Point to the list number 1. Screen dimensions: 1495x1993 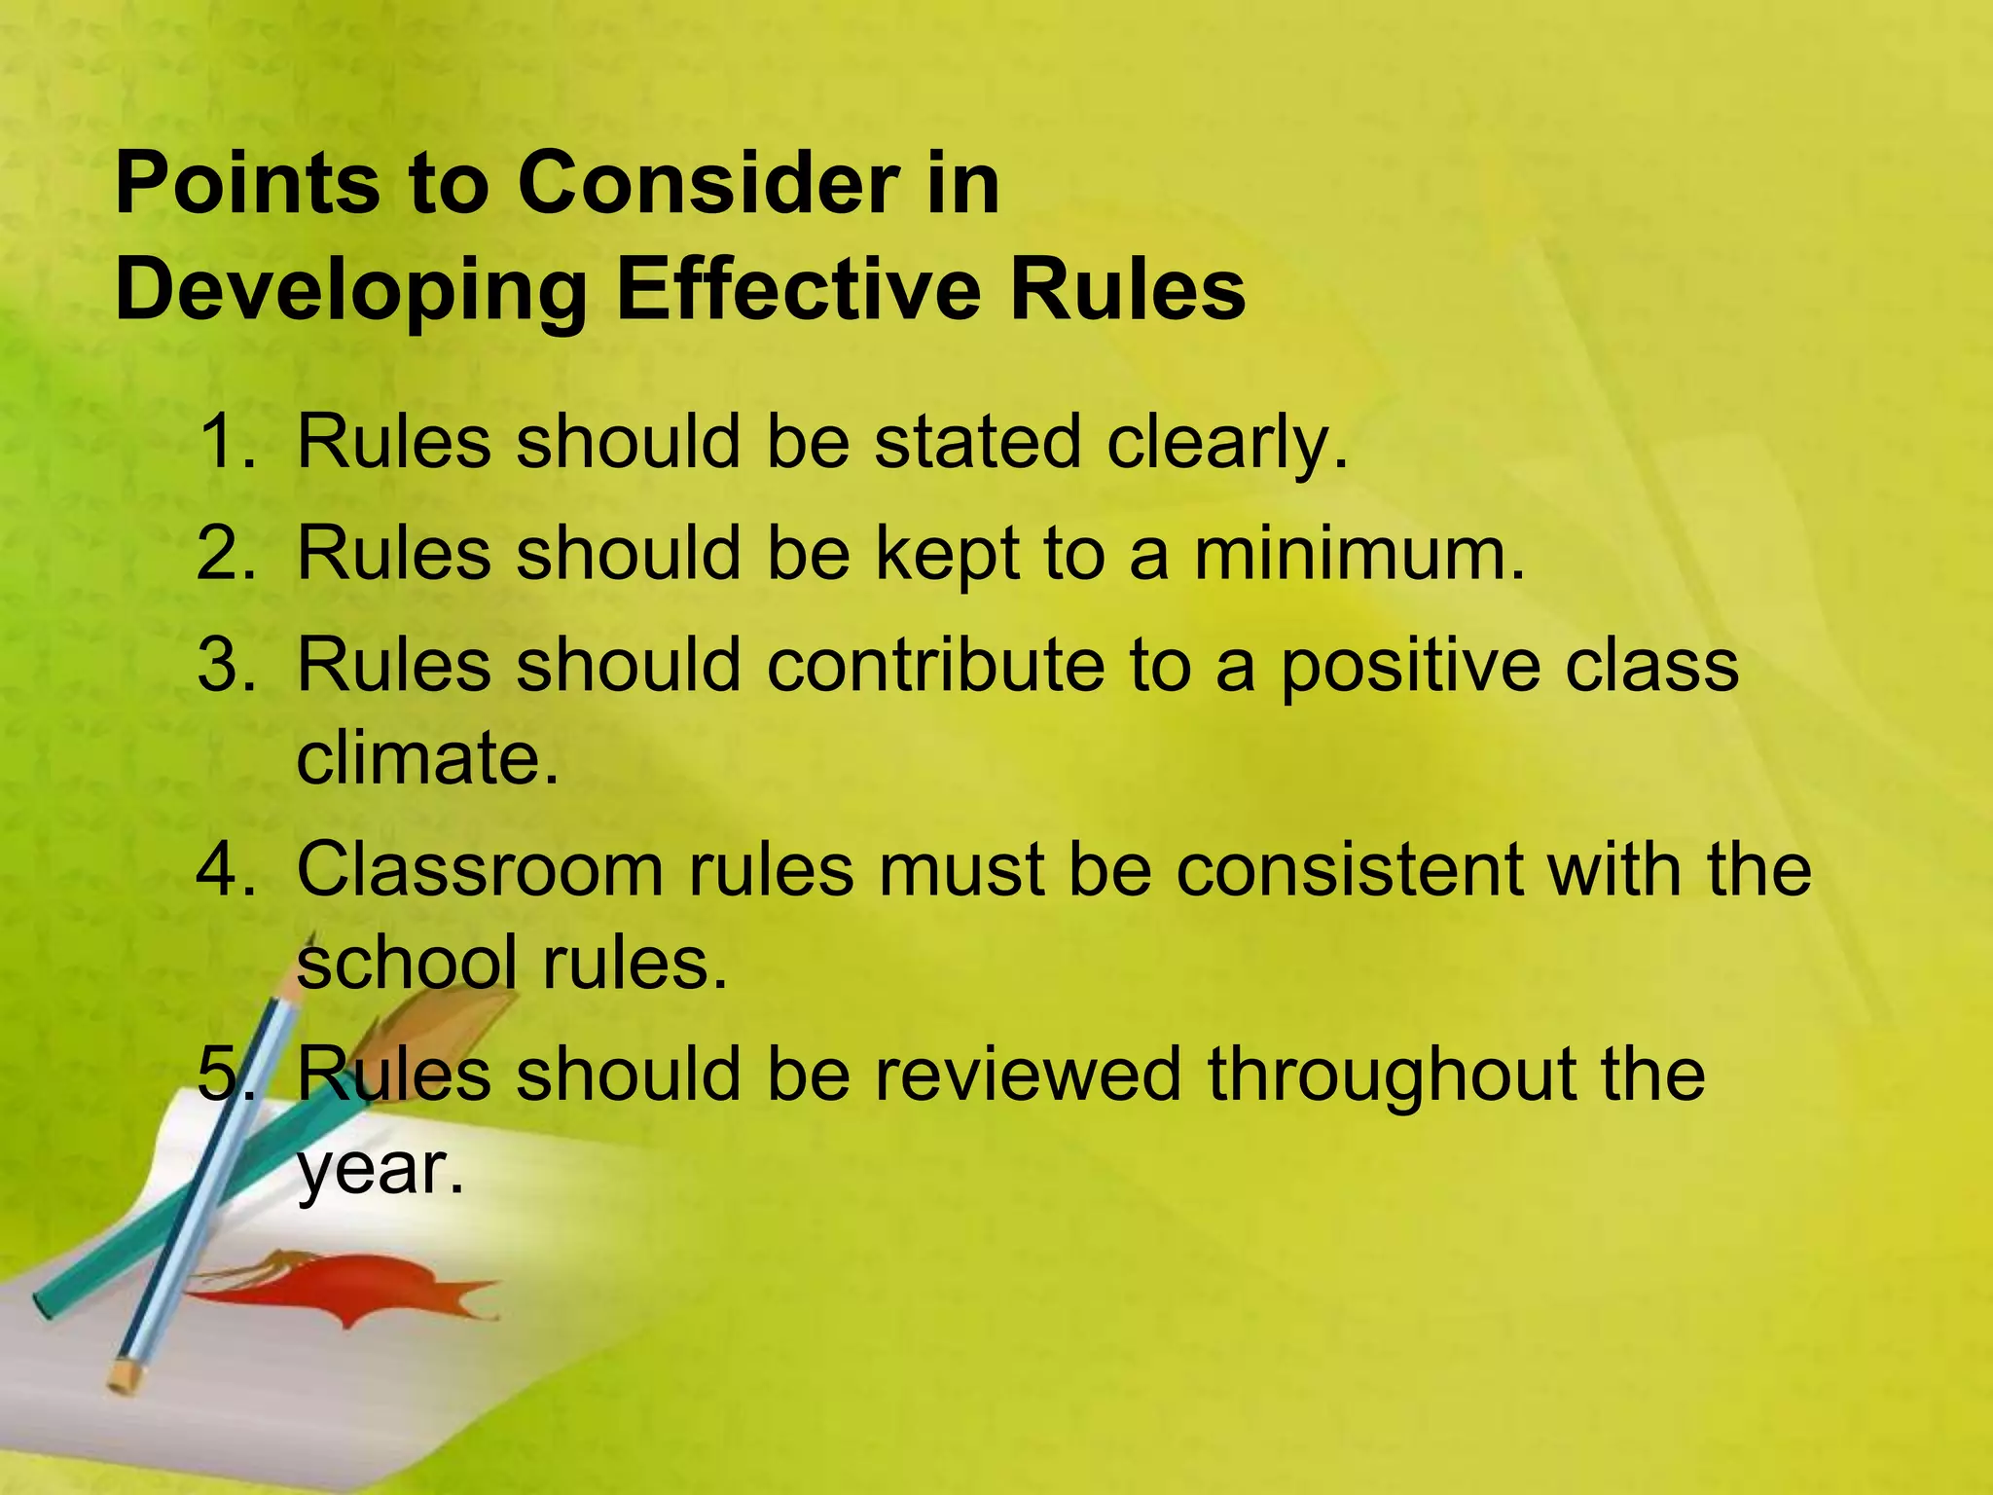[222, 442]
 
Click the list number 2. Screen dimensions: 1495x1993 [222, 553]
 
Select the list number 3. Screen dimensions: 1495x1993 [222, 665]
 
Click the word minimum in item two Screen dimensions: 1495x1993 [1358, 553]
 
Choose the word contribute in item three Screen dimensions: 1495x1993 [934, 665]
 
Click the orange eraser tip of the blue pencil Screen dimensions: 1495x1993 [125, 1374]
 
